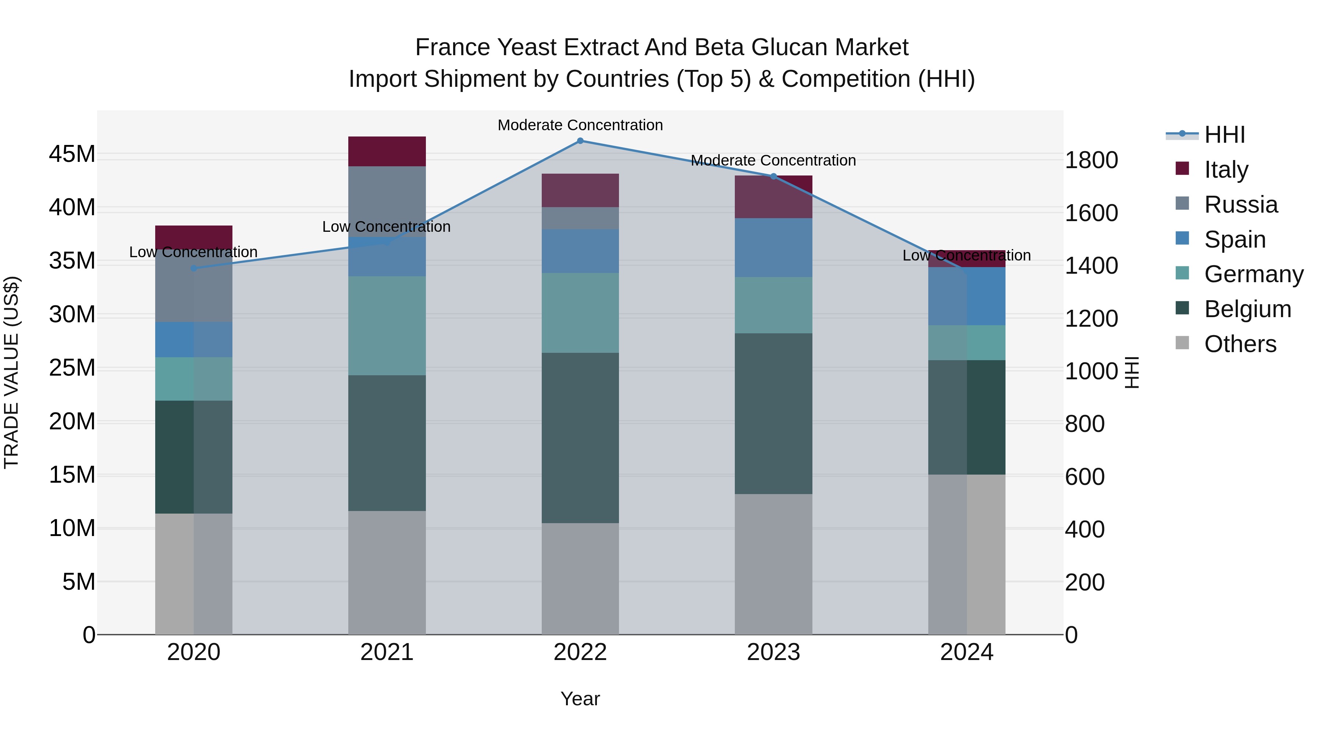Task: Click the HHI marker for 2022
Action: tap(580, 141)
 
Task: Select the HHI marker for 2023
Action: tap(773, 176)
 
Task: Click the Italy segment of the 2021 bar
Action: tap(387, 151)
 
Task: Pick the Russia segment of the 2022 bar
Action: tap(580, 219)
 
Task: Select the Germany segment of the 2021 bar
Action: tap(387, 326)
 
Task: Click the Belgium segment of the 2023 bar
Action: tap(773, 414)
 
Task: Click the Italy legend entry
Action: tap(1226, 170)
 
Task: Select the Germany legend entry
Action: tap(1254, 274)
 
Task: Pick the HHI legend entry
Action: tap(1224, 135)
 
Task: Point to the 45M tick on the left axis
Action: tap(72, 154)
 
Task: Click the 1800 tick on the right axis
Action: tap(1091, 160)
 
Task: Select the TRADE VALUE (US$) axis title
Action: tap(11, 372)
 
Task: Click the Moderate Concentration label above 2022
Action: tap(580, 125)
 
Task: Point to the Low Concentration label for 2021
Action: tap(387, 227)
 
